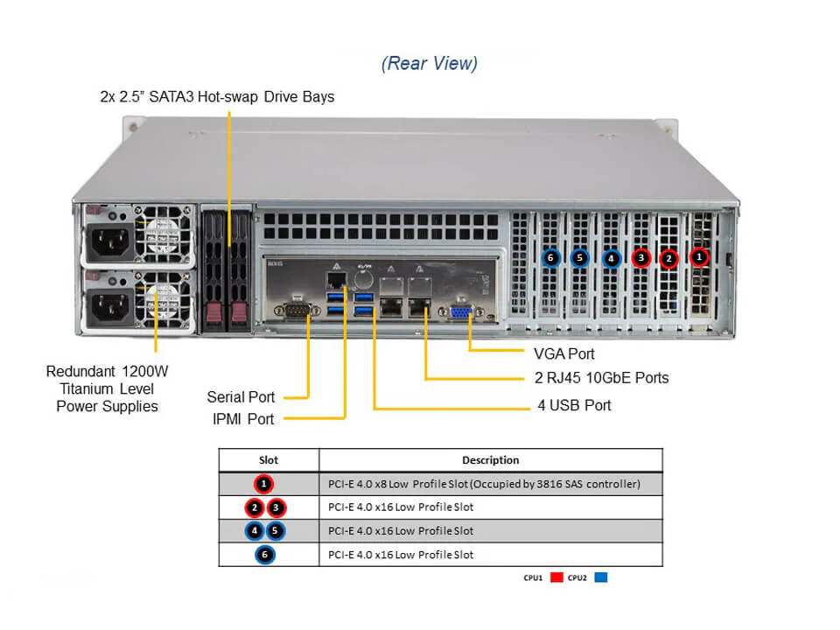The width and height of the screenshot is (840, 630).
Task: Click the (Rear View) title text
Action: pos(430,63)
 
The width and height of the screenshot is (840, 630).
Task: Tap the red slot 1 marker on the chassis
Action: pos(698,257)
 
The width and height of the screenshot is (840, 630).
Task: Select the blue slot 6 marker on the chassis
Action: pos(549,258)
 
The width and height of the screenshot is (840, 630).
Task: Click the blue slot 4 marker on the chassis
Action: pos(611,258)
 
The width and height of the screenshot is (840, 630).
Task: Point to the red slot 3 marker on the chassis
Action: pos(641,258)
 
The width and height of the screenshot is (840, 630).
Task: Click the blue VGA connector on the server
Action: pos(462,313)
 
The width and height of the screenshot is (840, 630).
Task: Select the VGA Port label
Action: pos(563,353)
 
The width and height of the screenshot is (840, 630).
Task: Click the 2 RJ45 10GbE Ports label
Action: pos(601,378)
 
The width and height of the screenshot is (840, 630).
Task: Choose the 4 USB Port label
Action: pos(574,405)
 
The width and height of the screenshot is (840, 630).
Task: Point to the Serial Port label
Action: pos(241,397)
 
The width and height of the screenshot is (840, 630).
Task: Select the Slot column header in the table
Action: pos(269,459)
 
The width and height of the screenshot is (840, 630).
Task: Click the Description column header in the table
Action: pos(490,459)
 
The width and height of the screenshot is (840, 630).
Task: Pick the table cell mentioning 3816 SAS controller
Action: pos(484,484)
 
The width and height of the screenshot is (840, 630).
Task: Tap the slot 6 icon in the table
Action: pos(266,555)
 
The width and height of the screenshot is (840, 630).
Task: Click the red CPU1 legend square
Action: pos(556,577)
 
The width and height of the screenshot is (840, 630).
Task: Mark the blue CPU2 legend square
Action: pos(600,577)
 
